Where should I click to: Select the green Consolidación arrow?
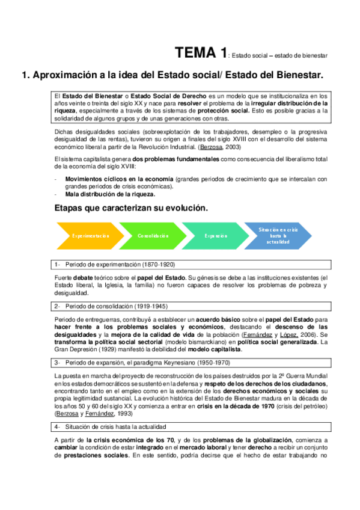[152, 236]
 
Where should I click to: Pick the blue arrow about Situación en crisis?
[278, 236]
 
